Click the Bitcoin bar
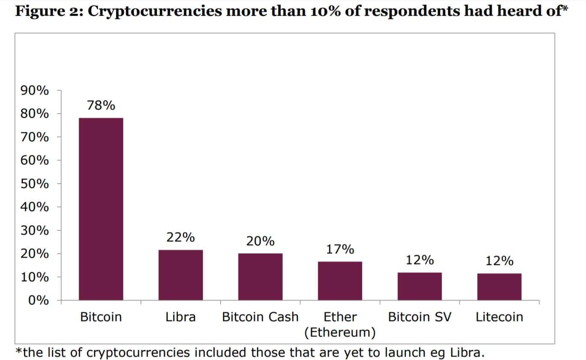(101, 209)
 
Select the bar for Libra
(181, 275)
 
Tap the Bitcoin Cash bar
(260, 277)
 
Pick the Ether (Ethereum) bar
(340, 281)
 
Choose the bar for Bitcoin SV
(419, 286)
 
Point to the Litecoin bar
(500, 287)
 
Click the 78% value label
(101, 105)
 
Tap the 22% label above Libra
(181, 237)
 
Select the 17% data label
(340, 249)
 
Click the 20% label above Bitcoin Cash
(260, 241)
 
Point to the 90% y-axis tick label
(35, 90)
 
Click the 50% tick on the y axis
(35, 184)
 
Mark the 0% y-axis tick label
(39, 300)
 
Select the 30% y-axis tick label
(35, 230)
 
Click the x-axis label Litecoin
(500, 317)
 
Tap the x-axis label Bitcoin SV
(419, 317)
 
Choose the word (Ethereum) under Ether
(340, 333)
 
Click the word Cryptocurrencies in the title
(155, 12)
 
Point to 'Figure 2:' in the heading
(49, 12)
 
